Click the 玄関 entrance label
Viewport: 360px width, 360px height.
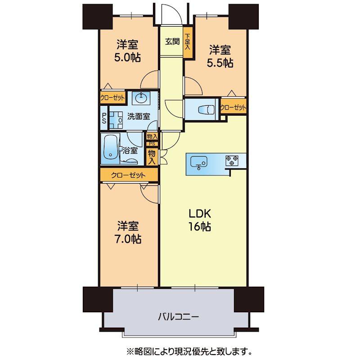coord(172,41)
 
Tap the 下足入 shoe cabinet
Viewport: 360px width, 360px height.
coord(188,42)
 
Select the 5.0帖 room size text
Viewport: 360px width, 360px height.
coord(127,58)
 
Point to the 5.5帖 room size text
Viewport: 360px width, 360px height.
coord(220,63)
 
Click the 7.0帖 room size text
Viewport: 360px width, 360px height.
coord(128,239)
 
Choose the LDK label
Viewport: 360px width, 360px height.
coord(199,214)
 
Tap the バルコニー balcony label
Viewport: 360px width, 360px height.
coord(178,317)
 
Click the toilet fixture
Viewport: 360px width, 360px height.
coord(207,109)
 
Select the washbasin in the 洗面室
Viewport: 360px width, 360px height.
coord(141,99)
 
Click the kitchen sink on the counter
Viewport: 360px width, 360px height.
coord(199,162)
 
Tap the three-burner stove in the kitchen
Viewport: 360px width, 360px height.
coord(232,161)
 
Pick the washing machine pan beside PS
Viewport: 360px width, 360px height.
coord(116,120)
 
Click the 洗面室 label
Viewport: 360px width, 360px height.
coord(139,117)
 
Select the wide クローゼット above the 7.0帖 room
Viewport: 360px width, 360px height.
coord(129,175)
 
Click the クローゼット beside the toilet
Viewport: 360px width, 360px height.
coord(233,107)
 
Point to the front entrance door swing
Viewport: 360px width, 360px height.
coord(171,14)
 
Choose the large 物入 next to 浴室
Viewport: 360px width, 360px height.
coord(152,157)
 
